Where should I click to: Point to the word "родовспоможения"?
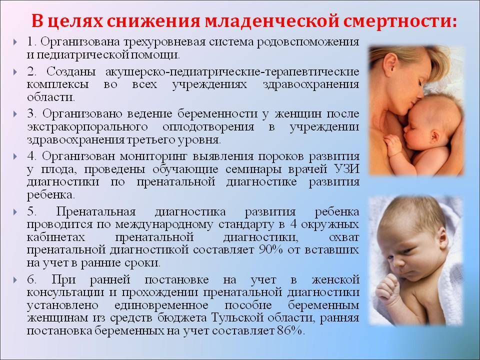click(308, 42)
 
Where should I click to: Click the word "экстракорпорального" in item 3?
click(87, 127)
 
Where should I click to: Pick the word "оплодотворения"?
click(208, 127)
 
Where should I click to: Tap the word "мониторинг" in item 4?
click(153, 156)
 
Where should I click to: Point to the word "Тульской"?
click(237, 318)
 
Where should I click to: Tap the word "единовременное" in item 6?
click(161, 305)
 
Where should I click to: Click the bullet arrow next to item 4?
click(15, 156)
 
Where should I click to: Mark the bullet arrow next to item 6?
click(15, 280)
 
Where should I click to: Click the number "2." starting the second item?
click(31, 71)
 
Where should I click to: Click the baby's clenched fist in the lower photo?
click(387, 288)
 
